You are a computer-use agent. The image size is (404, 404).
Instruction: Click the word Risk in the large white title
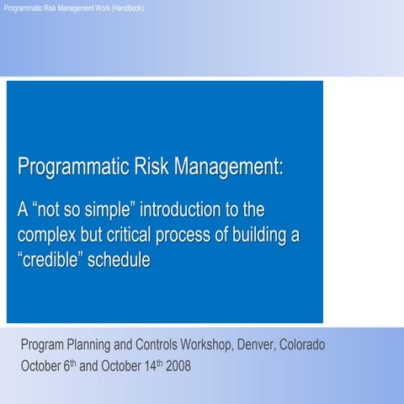151,167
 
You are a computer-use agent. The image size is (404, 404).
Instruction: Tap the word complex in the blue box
45,234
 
